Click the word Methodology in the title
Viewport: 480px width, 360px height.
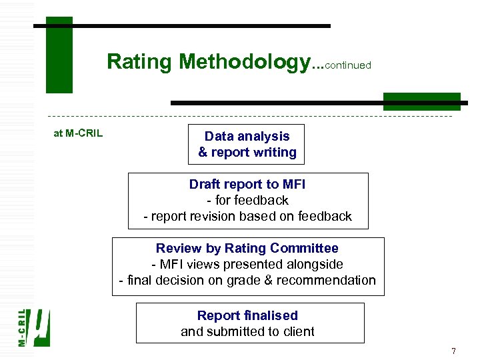click(244, 62)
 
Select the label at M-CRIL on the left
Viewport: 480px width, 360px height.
click(78, 133)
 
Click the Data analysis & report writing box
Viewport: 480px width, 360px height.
click(247, 144)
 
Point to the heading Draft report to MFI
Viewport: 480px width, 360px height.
click(247, 184)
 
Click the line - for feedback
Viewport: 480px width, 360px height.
click(247, 200)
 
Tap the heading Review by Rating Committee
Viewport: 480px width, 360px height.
click(247, 248)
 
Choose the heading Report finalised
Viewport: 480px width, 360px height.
click(247, 315)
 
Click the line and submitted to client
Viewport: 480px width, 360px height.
click(247, 331)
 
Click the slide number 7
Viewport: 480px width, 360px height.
click(453, 351)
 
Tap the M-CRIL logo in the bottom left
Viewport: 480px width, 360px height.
click(33, 327)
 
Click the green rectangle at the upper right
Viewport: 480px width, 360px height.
click(421, 101)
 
